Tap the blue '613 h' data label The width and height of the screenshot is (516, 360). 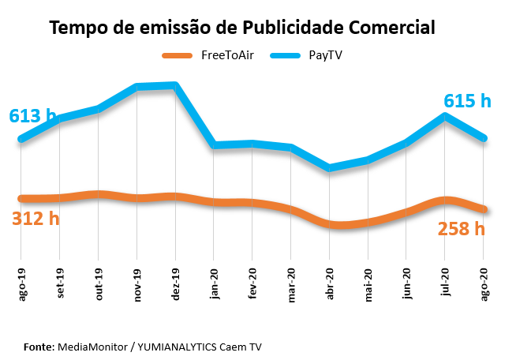(32, 116)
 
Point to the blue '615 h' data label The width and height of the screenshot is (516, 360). (467, 101)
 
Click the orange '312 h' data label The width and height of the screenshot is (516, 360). (36, 219)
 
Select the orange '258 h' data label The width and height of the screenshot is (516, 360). (462, 229)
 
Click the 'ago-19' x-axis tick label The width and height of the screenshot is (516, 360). (21, 283)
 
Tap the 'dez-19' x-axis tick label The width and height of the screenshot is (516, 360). (175, 283)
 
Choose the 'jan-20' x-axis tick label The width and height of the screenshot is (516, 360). (214, 283)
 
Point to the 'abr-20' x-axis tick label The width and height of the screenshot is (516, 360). (330, 283)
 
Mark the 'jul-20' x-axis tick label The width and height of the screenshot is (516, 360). (446, 283)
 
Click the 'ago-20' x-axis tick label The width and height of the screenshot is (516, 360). (484, 283)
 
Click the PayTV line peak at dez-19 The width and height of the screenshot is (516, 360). (175, 85)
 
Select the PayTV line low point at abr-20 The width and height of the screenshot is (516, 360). (330, 167)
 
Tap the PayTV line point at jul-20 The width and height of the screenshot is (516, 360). (446, 116)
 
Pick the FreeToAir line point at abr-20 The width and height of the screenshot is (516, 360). (330, 225)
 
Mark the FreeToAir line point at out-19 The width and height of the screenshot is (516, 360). (98, 194)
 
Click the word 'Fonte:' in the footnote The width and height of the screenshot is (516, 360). (39, 347)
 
